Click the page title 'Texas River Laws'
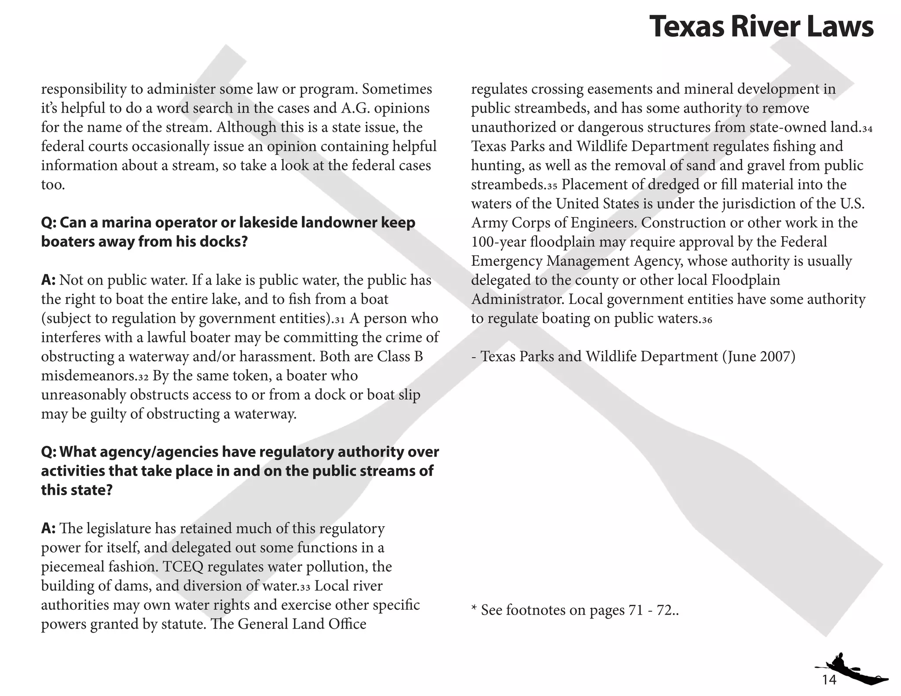(x=761, y=26)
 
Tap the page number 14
(x=829, y=680)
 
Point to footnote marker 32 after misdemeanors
(x=143, y=377)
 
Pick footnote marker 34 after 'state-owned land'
(x=867, y=129)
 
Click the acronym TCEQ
(x=183, y=567)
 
